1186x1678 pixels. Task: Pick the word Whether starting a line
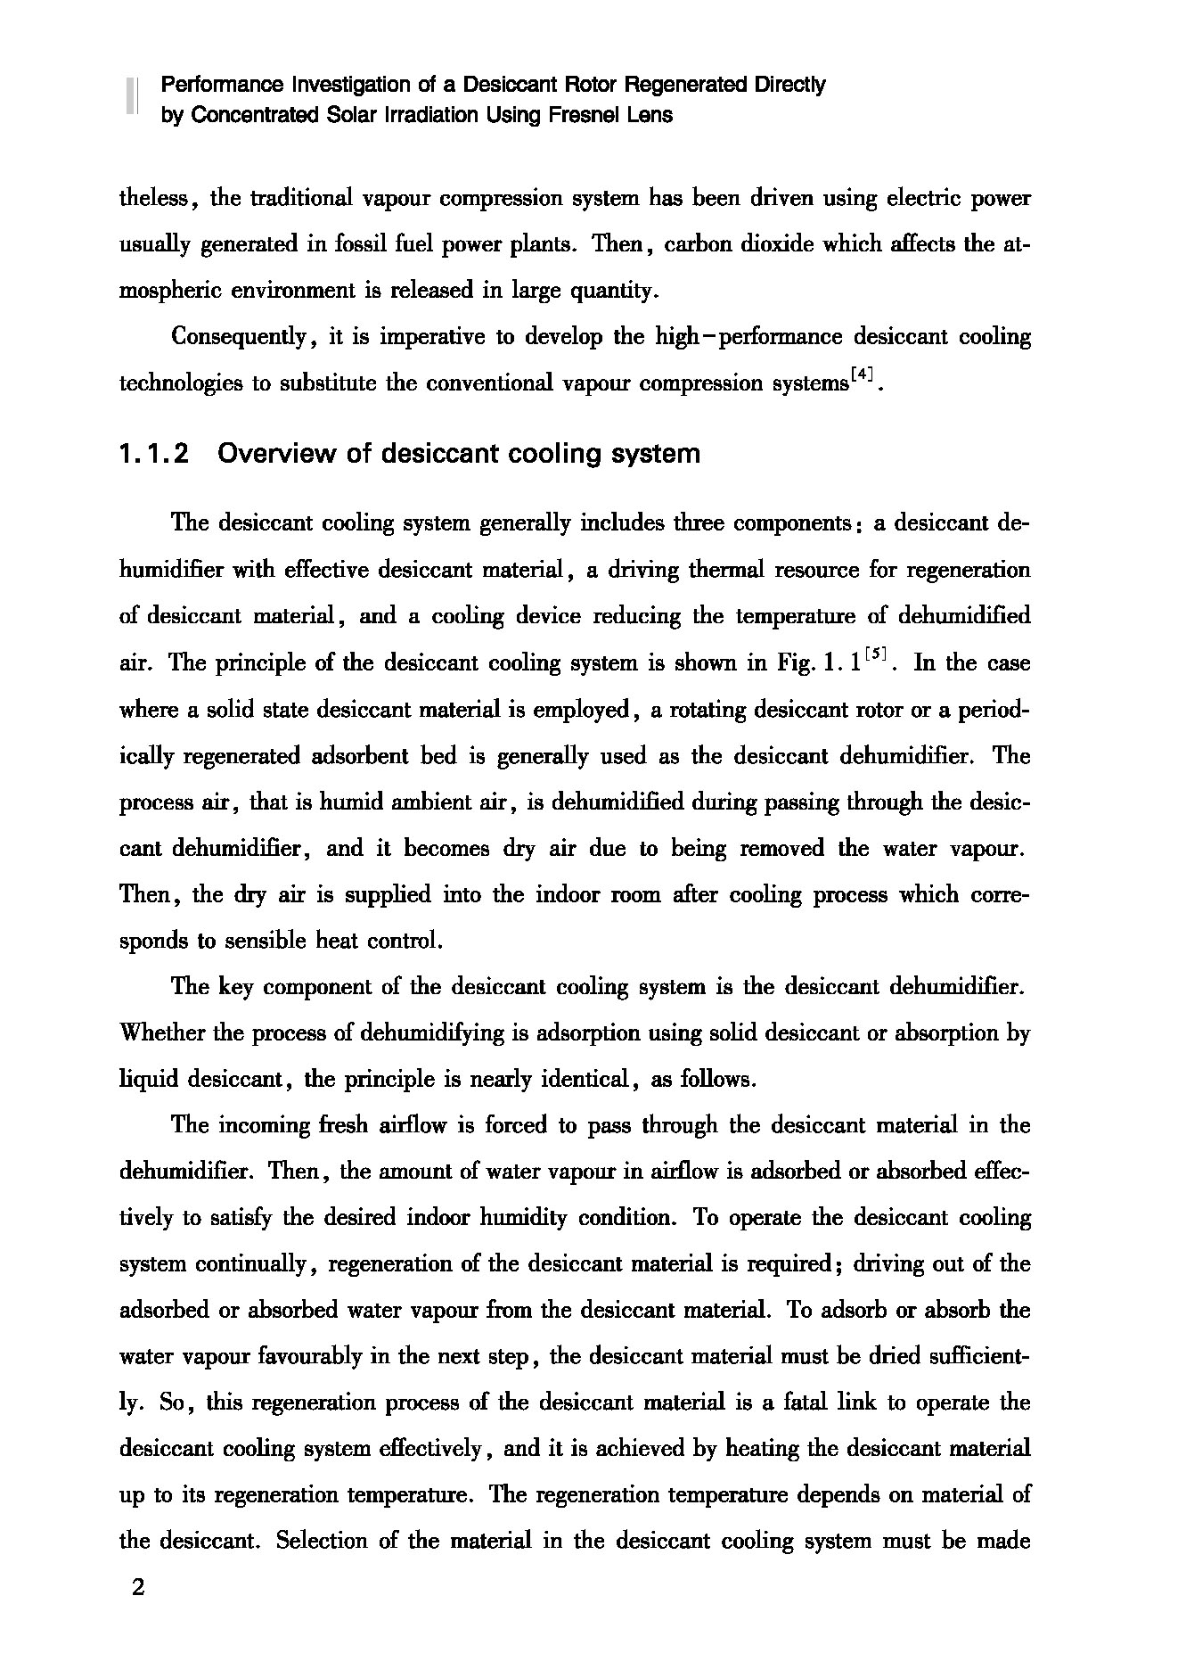pyautogui.click(x=162, y=1033)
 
